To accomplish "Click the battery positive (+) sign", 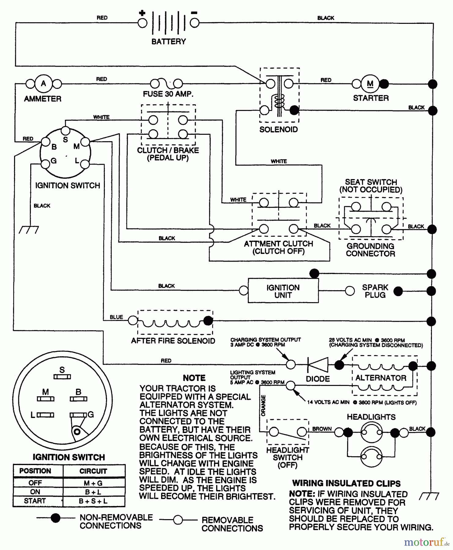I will point(142,13).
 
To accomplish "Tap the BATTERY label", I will point(168,42).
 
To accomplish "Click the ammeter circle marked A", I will point(43,83).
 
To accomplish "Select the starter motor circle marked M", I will point(370,84).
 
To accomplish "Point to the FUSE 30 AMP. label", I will point(168,94).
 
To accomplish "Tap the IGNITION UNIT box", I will point(283,291).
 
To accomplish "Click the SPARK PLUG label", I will point(375,291).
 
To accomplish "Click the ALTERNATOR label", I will point(381,378).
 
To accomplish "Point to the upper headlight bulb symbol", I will point(371,432).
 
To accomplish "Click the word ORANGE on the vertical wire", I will point(263,405).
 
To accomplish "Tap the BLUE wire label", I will point(116,317).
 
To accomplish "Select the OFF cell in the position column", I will point(35,483).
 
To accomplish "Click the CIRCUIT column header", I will point(93,471).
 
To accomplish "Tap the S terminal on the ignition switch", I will point(65,131).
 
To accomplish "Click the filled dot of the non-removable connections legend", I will point(55,518).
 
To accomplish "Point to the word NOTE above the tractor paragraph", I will point(194,378).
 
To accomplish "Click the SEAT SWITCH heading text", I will point(371,182).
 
